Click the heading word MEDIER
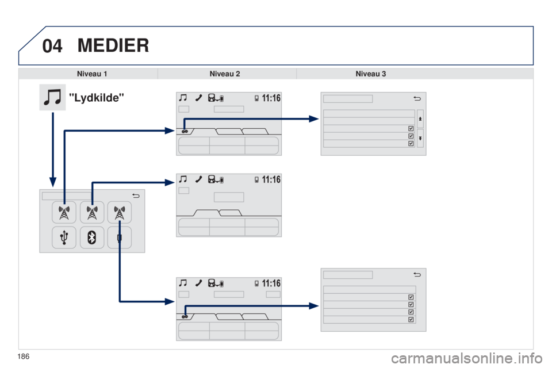(113, 45)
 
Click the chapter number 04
(52, 46)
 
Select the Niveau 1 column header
(92, 74)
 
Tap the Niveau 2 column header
(225, 74)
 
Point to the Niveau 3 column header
(371, 74)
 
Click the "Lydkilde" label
(97, 98)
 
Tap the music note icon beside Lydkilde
(52, 97)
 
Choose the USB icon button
(64, 237)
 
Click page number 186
(23, 356)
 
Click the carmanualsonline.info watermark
(466, 358)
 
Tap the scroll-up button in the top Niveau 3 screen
(420, 119)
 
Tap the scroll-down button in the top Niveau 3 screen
(420, 139)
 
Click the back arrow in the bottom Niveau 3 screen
(417, 274)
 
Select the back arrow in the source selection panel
(136, 195)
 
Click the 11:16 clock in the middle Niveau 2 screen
(271, 179)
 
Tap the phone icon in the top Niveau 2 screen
(198, 98)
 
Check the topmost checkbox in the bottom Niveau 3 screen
(411, 297)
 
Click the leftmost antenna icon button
(64, 212)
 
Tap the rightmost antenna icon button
(120, 212)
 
